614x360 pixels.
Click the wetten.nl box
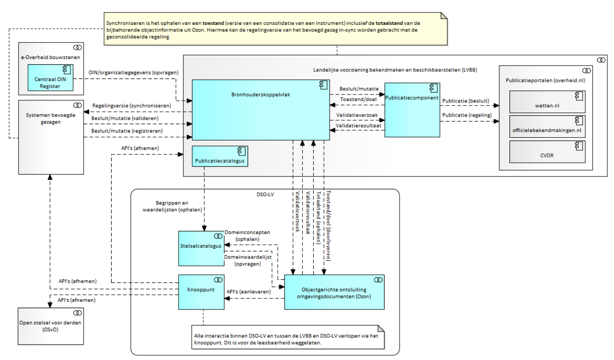point(547,102)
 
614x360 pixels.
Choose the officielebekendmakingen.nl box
point(547,127)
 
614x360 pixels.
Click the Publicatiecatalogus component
point(220,156)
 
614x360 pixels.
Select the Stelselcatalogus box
point(201,248)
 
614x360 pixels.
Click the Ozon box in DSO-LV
point(334,293)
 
